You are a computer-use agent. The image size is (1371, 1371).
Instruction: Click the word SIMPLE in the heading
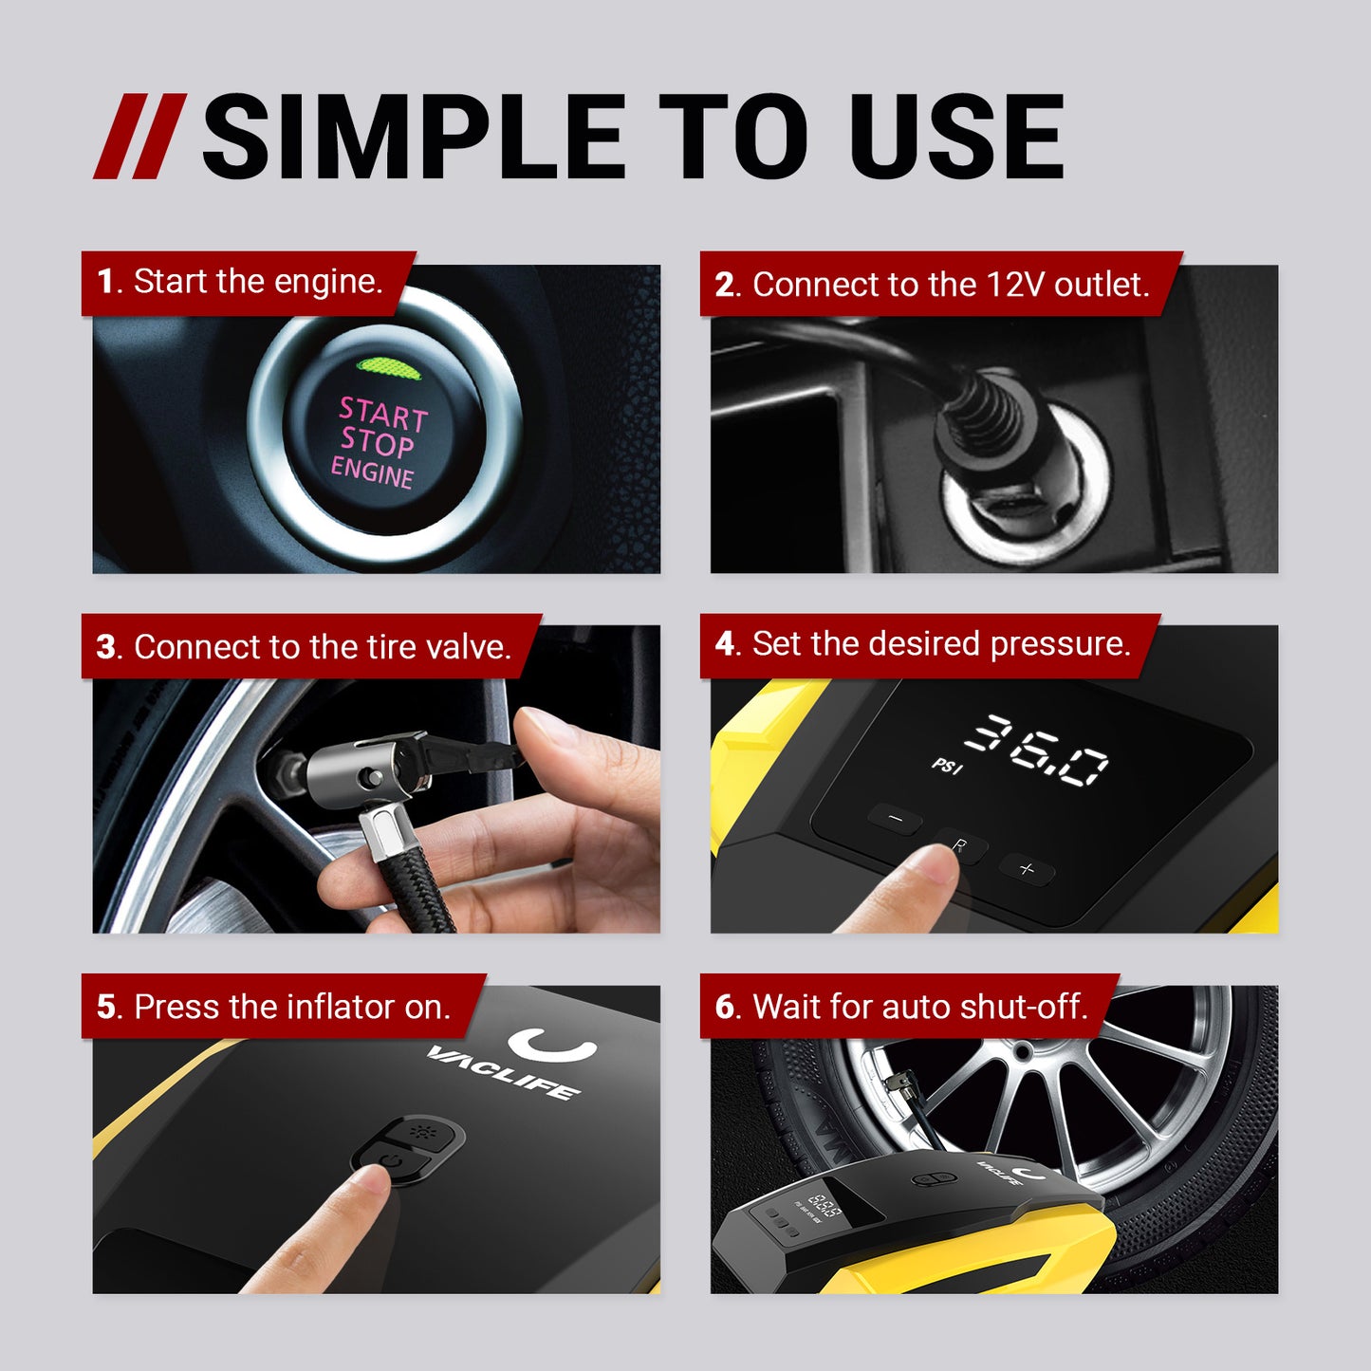(414, 139)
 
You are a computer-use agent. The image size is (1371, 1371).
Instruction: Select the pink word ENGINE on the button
(372, 472)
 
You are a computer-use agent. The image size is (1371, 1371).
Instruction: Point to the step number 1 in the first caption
(105, 283)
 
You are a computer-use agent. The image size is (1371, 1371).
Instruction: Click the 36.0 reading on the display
(1037, 750)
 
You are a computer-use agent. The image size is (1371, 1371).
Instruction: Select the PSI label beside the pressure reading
(947, 765)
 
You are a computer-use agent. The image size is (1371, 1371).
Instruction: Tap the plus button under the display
(1027, 868)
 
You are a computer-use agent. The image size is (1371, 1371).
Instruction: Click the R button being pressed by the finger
(959, 845)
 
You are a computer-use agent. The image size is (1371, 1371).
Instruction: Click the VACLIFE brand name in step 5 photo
(503, 1069)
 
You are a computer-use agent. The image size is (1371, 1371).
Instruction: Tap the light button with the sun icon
(421, 1132)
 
